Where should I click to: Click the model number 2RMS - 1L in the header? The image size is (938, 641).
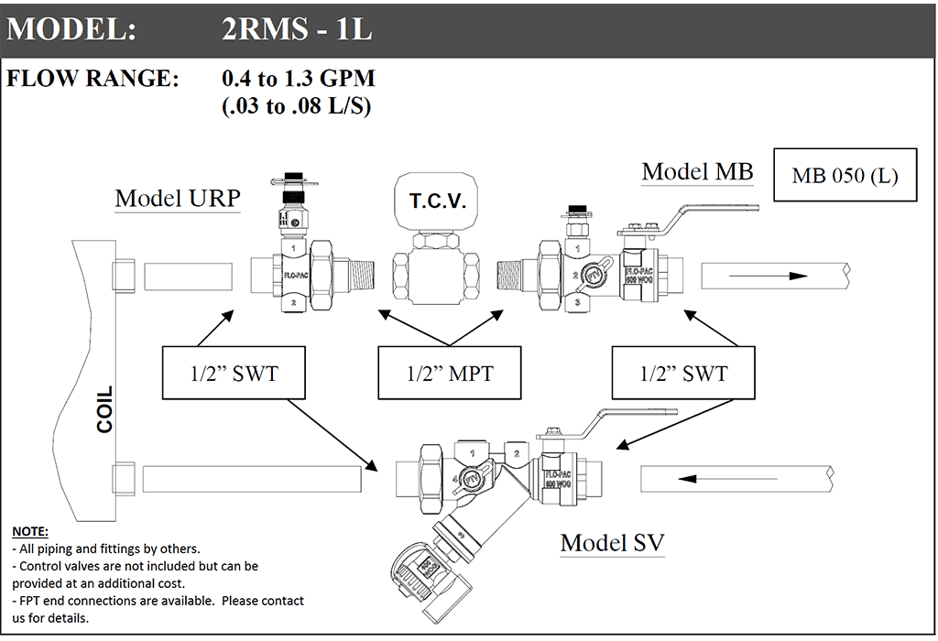point(297,30)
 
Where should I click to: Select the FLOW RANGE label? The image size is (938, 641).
point(93,78)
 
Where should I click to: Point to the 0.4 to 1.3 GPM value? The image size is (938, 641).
point(299,78)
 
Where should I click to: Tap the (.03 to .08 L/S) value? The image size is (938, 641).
point(296,105)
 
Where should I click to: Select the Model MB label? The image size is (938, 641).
point(697,171)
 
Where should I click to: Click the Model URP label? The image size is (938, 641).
point(177,199)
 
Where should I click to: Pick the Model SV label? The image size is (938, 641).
point(612,542)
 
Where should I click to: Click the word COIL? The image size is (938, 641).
point(105,409)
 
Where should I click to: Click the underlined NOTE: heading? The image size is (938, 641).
point(29,532)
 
